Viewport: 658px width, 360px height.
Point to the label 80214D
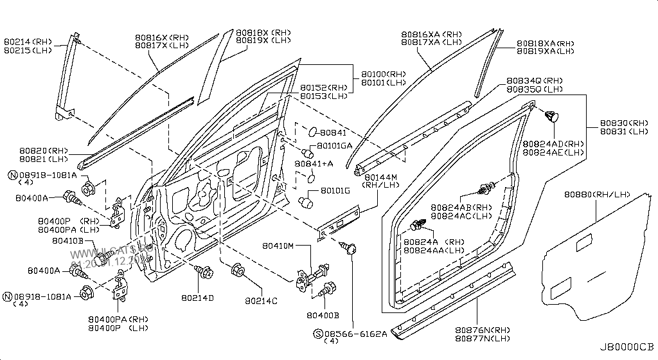(x=197, y=298)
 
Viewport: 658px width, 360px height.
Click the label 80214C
(x=260, y=301)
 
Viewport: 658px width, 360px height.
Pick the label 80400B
(x=323, y=314)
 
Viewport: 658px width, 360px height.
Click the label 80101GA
(x=334, y=145)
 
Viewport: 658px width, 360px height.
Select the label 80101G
(x=335, y=190)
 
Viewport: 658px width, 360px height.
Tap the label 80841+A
(x=314, y=164)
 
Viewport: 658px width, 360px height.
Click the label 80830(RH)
(x=624, y=123)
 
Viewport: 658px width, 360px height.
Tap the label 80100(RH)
(x=384, y=74)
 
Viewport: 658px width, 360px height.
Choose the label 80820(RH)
(x=44, y=150)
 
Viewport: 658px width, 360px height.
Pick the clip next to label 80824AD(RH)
(x=551, y=116)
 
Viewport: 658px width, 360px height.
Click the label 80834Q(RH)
(x=535, y=80)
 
